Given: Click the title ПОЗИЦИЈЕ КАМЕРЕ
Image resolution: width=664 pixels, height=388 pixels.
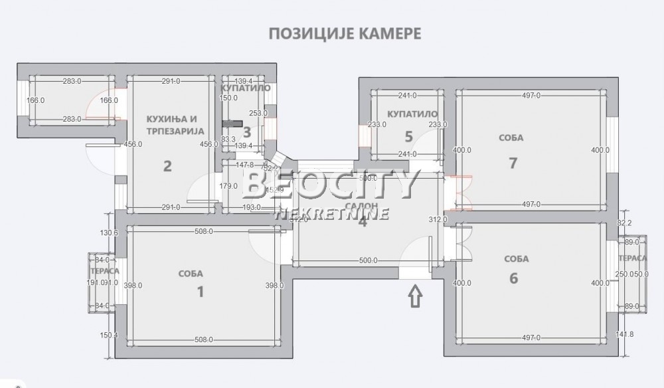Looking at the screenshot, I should point(344,34).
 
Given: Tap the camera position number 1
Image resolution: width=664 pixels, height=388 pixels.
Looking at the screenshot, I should point(199,291).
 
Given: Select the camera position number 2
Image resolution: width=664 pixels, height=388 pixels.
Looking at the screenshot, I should point(167,165).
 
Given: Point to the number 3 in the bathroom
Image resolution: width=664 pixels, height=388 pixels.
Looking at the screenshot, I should point(246,132).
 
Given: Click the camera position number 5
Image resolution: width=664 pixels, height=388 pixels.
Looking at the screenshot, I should point(409,137).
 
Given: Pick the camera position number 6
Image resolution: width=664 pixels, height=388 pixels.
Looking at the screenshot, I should point(513,278).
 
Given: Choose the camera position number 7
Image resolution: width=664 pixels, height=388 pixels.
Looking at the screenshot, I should point(513,163).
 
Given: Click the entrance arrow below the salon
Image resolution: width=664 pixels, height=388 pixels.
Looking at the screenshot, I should point(416,295).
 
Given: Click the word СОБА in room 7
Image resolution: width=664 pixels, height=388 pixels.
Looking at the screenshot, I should point(511,138).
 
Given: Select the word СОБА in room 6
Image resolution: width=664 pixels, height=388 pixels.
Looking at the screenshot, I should point(516,259).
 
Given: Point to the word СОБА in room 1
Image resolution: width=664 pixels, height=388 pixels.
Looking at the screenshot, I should point(191,273).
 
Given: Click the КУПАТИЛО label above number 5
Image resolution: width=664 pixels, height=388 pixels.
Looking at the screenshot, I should point(412,114).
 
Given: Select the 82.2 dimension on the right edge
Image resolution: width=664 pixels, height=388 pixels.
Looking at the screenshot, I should point(625,223).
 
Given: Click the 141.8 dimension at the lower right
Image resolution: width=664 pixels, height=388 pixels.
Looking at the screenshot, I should point(625,334).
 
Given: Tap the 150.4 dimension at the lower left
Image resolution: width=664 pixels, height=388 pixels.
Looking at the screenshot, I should point(108,335).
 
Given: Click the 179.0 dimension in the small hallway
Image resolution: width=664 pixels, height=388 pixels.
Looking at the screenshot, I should point(228,186).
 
